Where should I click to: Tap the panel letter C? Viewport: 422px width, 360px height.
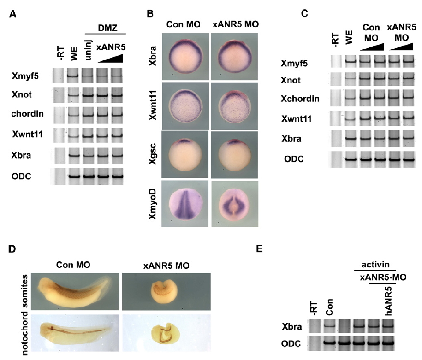tap(304, 13)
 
